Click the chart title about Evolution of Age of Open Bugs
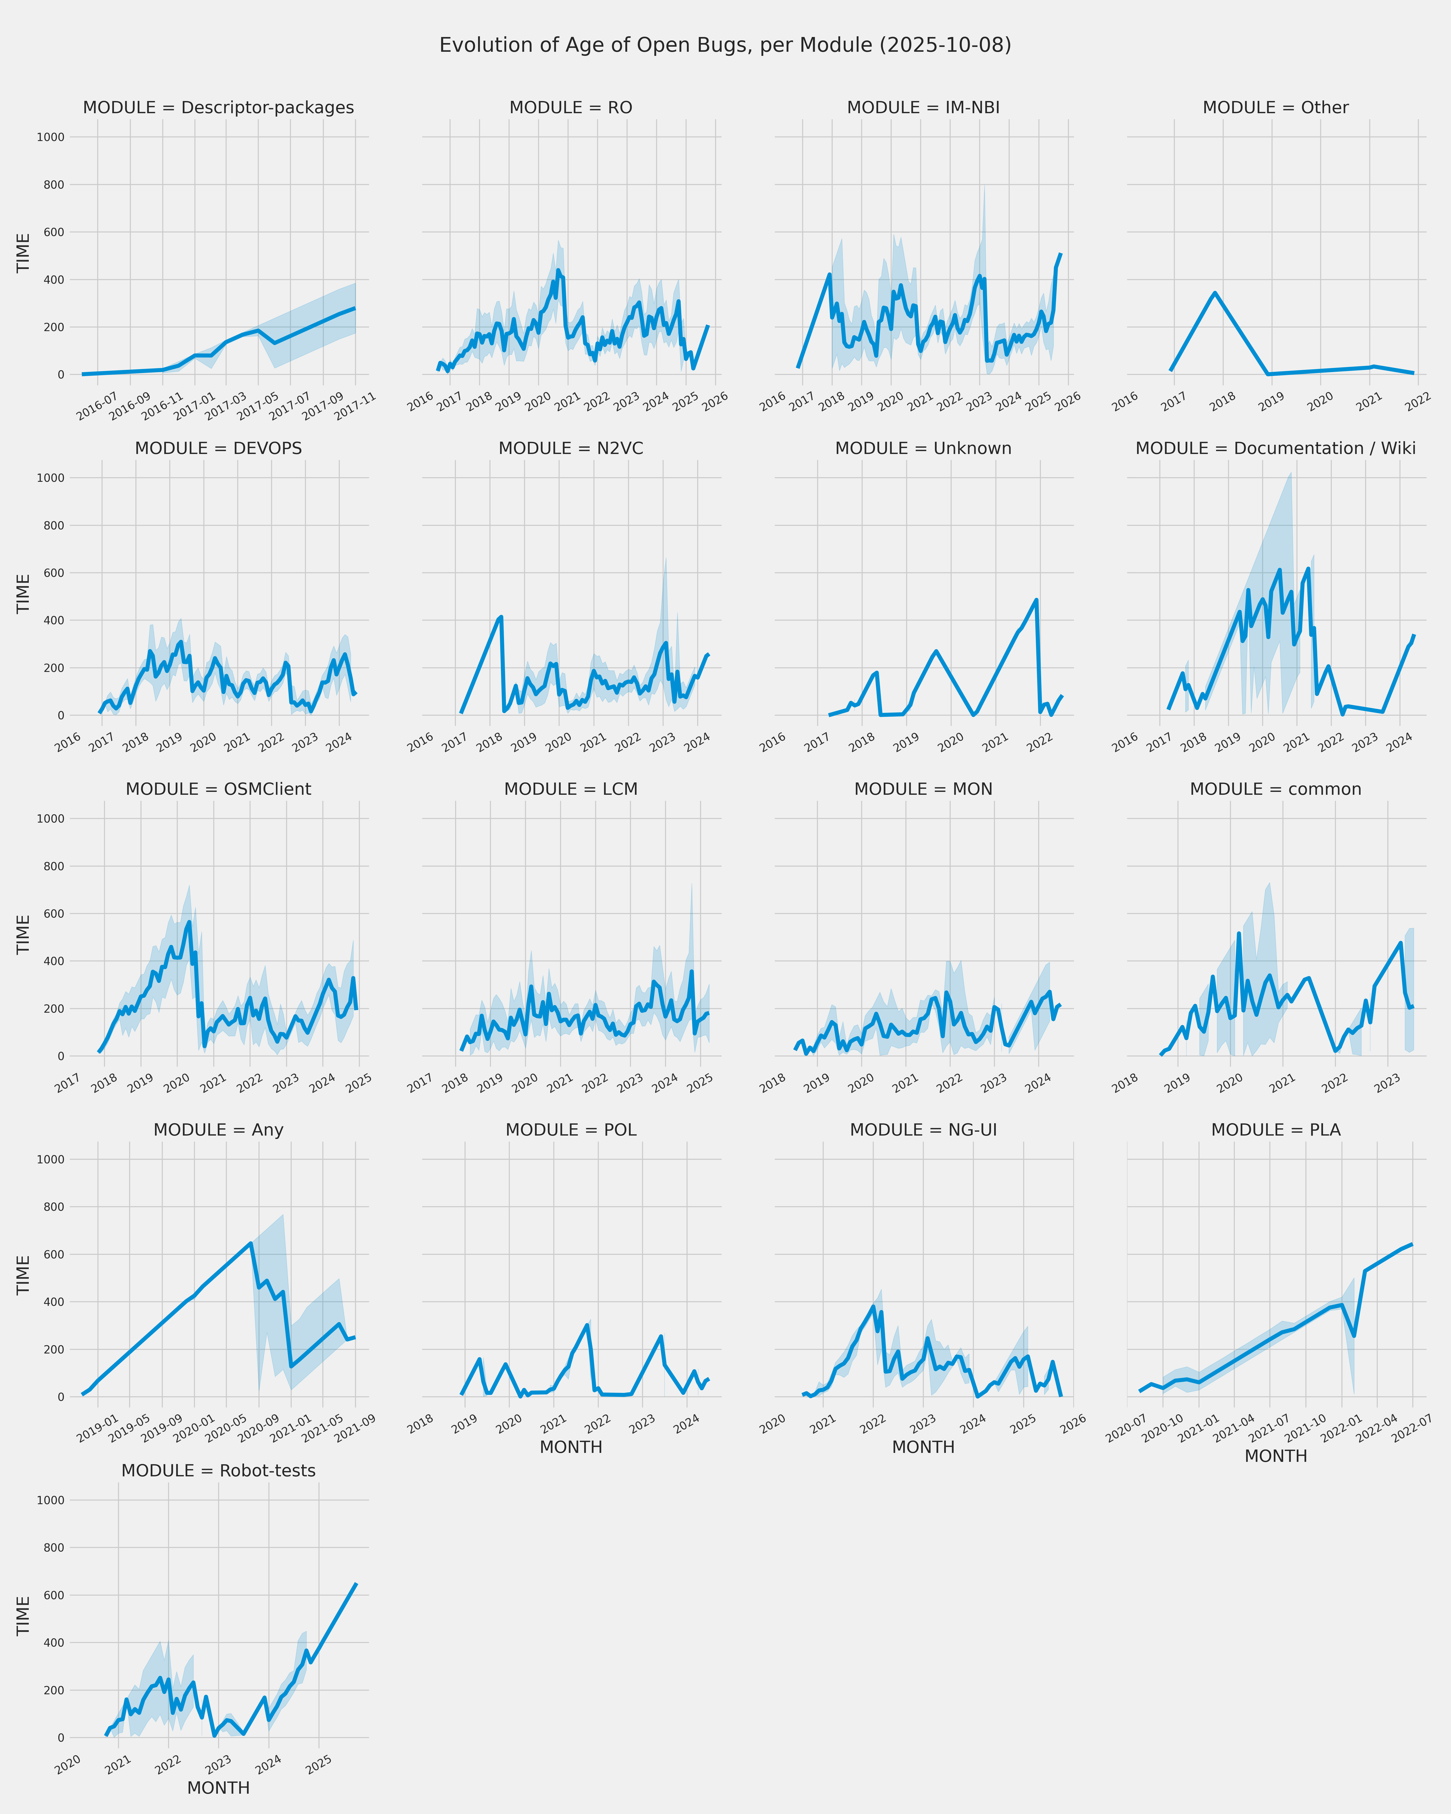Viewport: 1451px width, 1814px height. pyautogui.click(x=725, y=45)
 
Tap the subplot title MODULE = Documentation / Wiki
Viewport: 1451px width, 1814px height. pyautogui.click(x=1275, y=448)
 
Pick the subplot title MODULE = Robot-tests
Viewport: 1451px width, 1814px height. pyautogui.click(x=219, y=1471)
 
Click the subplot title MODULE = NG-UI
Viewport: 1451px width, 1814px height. pyautogui.click(x=923, y=1130)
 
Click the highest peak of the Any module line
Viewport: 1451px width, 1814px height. pyautogui.click(x=251, y=1243)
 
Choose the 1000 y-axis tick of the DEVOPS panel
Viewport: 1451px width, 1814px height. pyautogui.click(x=51, y=478)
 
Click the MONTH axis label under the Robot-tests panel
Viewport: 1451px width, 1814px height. pyautogui.click(x=219, y=1788)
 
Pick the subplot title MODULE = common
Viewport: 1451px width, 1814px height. pyautogui.click(x=1275, y=789)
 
